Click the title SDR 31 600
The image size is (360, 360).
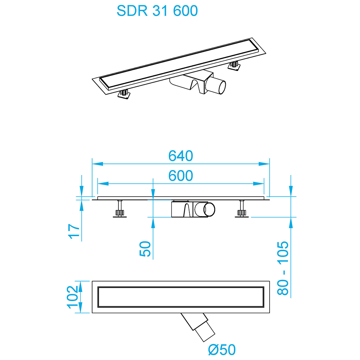point(157,11)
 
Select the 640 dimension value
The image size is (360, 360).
point(181,156)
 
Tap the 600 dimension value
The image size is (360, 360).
point(181,176)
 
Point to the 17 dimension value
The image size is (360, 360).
point(73,231)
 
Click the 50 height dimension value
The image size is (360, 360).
point(145,249)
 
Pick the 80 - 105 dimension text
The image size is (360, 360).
point(283,268)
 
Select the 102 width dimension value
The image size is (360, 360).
point(73,297)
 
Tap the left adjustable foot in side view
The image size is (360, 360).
point(120,210)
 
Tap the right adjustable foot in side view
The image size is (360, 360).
point(242,210)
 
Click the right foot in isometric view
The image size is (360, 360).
point(234,66)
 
